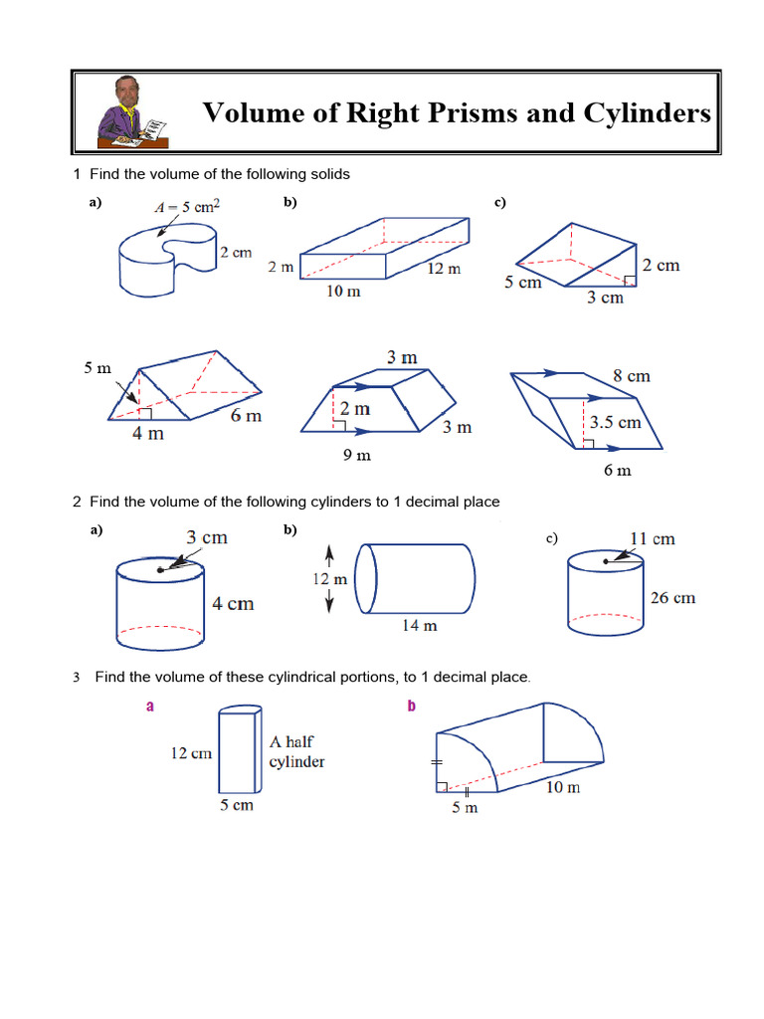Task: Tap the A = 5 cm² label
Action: (x=188, y=208)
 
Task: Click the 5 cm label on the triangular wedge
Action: (x=522, y=283)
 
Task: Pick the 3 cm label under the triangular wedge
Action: (x=604, y=298)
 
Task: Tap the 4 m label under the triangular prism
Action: (x=149, y=434)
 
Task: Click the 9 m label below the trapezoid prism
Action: (x=356, y=456)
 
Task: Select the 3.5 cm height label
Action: (x=617, y=421)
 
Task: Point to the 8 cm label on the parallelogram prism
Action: (x=631, y=375)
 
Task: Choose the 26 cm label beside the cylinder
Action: (x=672, y=598)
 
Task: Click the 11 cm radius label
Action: (x=652, y=538)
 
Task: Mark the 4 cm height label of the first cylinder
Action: (x=233, y=603)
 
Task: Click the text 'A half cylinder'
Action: (x=297, y=751)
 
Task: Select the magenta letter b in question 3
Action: (x=411, y=708)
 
